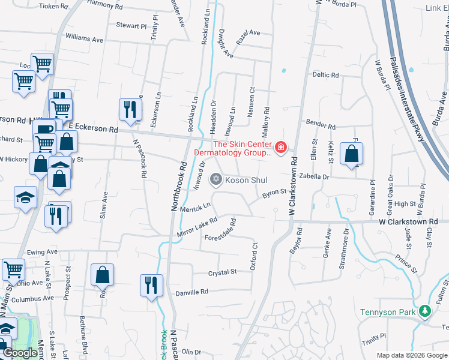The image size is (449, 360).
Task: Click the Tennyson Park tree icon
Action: [425, 311]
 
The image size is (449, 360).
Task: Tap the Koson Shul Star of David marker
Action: [216, 179]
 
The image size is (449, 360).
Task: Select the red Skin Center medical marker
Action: [280, 147]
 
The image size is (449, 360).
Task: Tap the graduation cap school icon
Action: [25, 197]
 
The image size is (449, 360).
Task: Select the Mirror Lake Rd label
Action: [196, 227]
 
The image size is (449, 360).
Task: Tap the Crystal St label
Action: [223, 272]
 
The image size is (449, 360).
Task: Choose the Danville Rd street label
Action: [191, 292]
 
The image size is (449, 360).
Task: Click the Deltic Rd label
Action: [325, 75]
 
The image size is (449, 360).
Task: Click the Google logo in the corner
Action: [20, 353]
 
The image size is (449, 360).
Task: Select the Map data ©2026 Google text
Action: [411, 355]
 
